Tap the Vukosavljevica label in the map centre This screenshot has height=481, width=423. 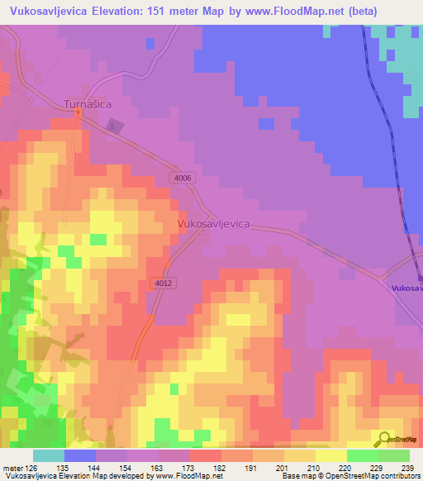click(x=214, y=223)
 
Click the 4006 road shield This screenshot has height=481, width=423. click(x=183, y=178)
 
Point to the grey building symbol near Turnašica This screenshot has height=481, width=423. click(x=114, y=126)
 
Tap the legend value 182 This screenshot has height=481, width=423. click(x=220, y=467)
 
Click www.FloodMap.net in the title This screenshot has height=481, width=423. click(x=304, y=11)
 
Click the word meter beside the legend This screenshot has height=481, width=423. click(x=12, y=467)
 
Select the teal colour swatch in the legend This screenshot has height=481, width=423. click(x=49, y=455)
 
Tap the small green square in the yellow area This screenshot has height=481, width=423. click(x=98, y=240)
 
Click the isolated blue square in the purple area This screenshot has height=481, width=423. click(x=265, y=123)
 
